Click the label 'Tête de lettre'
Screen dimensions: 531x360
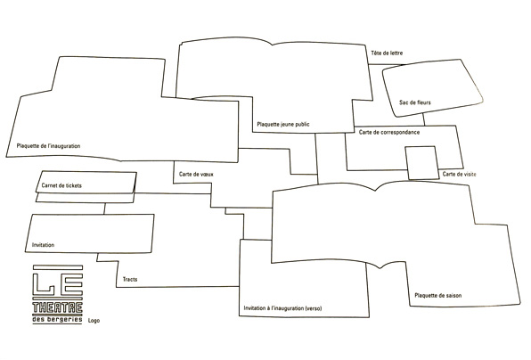click(387, 53)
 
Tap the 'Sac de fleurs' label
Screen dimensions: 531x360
click(415, 102)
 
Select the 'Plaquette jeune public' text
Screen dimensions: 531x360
click(283, 124)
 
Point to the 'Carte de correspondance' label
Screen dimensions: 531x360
click(389, 132)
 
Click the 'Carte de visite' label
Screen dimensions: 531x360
click(459, 174)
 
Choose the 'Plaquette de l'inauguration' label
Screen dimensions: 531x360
click(48, 146)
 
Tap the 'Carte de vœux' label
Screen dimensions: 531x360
click(196, 174)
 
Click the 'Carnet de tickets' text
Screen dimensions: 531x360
click(61, 185)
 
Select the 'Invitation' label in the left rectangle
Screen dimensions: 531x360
click(43, 245)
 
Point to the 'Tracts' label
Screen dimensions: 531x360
click(130, 280)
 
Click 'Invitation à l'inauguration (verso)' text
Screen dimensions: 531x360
click(282, 308)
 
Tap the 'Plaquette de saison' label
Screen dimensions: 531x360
click(437, 295)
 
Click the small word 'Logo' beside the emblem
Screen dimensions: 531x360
click(94, 321)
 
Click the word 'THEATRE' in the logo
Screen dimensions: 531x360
click(58, 307)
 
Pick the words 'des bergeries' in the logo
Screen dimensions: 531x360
click(57, 319)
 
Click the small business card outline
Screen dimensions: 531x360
click(407, 163)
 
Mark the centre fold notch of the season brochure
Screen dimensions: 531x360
click(375, 191)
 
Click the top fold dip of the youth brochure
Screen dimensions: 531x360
click(273, 45)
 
